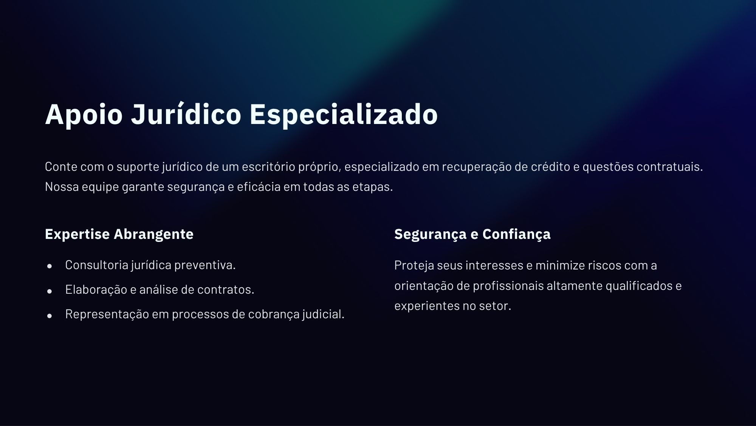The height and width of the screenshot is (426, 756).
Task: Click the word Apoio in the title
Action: [x=84, y=114]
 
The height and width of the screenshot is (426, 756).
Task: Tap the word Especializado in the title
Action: [x=344, y=114]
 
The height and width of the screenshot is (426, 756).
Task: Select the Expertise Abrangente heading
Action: [x=119, y=234]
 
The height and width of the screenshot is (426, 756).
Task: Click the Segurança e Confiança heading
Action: [x=472, y=234]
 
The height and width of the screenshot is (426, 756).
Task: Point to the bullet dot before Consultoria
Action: [x=50, y=266]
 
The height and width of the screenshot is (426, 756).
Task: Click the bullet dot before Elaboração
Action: [x=50, y=291]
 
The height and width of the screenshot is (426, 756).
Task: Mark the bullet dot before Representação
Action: [x=50, y=316]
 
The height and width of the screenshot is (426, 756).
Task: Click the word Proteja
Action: [x=414, y=266]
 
